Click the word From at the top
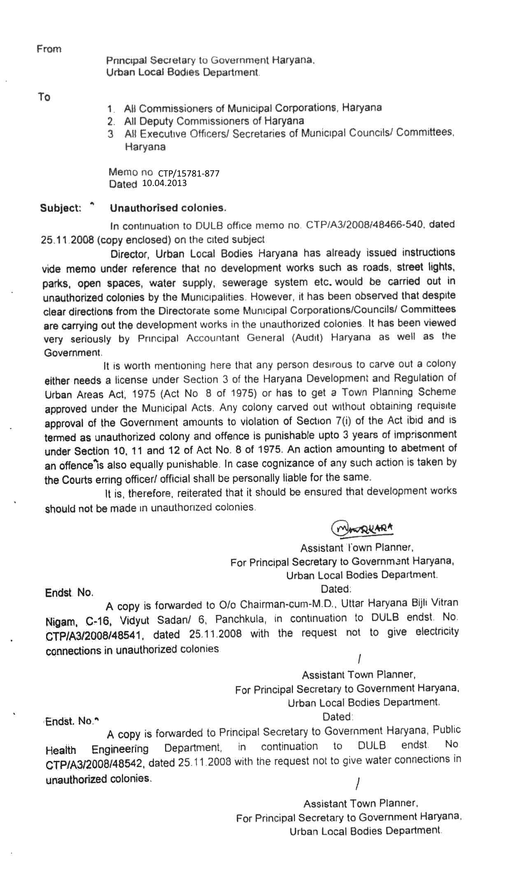coord(49,49)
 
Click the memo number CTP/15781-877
coord(189,173)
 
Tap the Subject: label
coord(61,208)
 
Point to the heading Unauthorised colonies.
coord(168,208)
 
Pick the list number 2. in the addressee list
coord(110,122)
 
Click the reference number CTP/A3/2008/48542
coord(94,763)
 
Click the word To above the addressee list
coord(44,97)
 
